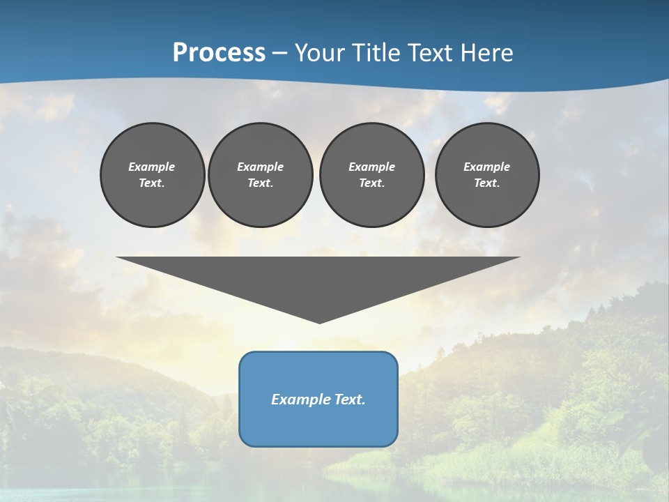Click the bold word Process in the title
coord(219,53)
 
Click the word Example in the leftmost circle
coord(152,167)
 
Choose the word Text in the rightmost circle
coord(486,183)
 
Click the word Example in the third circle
coord(371,167)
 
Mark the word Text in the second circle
coord(260,183)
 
